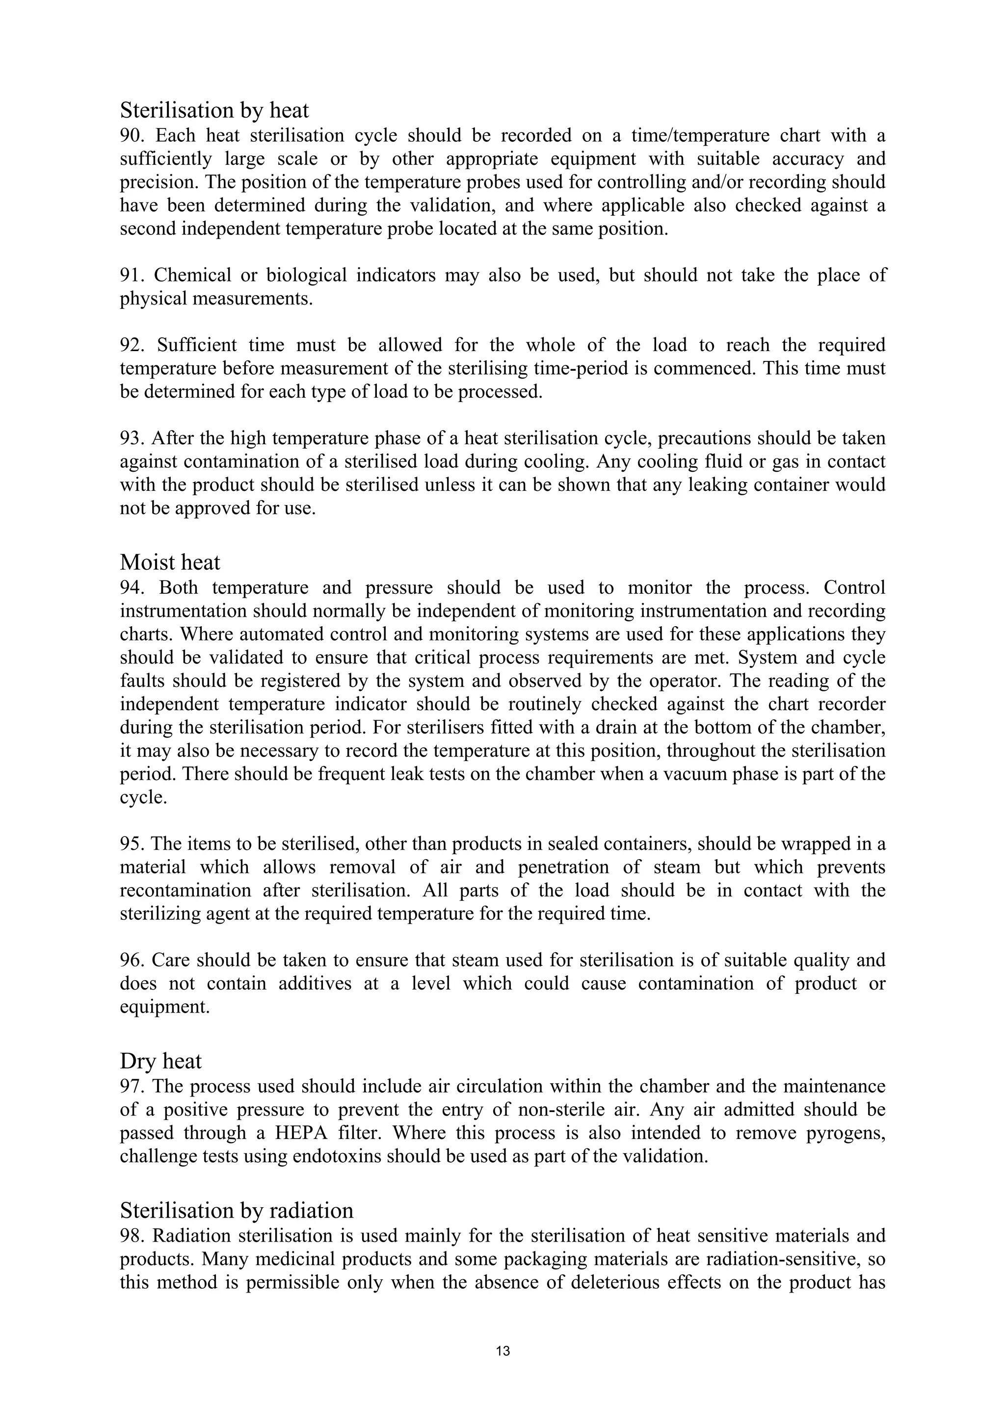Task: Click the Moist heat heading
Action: coord(170,562)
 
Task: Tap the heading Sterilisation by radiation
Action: coord(237,1210)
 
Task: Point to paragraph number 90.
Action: coord(131,135)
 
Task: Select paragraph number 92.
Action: coord(131,345)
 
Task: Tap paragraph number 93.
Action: coord(131,439)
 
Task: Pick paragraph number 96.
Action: coord(131,961)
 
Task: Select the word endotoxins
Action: coord(336,1157)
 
